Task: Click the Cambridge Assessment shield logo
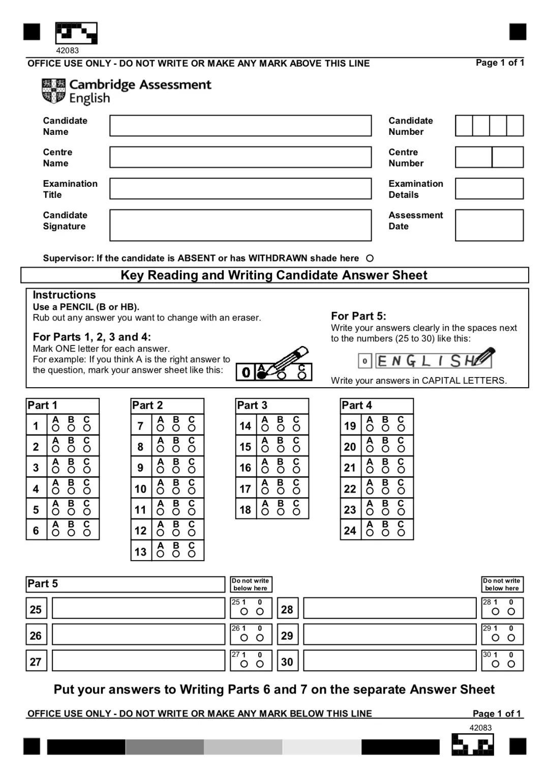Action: coord(53,91)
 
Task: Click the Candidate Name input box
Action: coord(240,126)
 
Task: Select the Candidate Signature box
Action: coord(240,225)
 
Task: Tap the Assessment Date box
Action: coord(489,225)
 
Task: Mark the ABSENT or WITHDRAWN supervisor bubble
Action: coord(370,258)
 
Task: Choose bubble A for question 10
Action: coord(161,491)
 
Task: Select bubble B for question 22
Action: coord(385,491)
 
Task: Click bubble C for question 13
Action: coord(192,554)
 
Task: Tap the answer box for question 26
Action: coord(138,635)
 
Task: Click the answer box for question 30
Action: coord(389,661)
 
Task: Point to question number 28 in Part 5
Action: coord(287,609)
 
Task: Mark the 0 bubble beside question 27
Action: coord(260,664)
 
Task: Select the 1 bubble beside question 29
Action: coord(496,638)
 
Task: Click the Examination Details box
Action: coord(489,189)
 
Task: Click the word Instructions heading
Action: coord(64,295)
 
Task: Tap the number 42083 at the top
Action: coord(67,50)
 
